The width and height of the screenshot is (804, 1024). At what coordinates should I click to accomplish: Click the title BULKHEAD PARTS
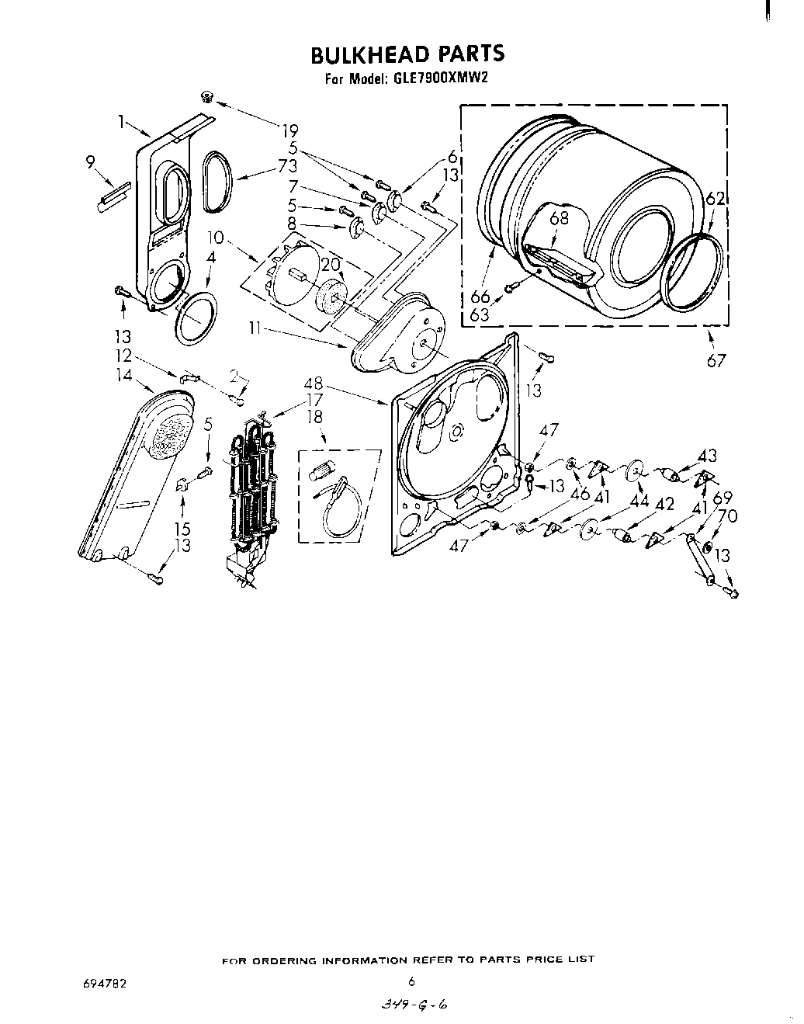(x=407, y=54)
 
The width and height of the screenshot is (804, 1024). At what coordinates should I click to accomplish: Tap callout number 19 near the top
(x=289, y=130)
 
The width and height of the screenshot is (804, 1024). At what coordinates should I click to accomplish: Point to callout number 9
(x=92, y=161)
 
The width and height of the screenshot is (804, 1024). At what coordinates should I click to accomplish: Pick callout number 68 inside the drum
(x=559, y=218)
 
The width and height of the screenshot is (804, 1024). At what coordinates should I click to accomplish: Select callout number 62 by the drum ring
(x=715, y=199)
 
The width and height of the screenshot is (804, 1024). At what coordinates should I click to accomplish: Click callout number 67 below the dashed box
(x=716, y=360)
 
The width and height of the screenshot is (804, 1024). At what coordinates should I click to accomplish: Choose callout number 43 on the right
(x=707, y=455)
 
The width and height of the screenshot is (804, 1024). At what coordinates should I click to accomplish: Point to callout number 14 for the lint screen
(x=124, y=376)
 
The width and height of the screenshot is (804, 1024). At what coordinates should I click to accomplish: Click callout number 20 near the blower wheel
(x=331, y=264)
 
